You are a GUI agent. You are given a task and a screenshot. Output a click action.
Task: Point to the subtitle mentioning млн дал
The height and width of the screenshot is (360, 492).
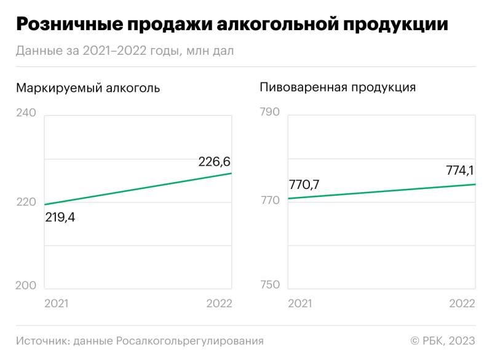click(x=125, y=50)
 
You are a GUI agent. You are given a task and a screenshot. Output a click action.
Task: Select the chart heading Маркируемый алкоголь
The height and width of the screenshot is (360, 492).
click(x=88, y=88)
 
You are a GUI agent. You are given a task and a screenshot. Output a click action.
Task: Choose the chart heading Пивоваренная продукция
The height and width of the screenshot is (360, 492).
click(x=338, y=87)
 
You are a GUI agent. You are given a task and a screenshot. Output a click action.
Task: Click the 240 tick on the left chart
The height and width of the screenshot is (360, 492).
click(x=26, y=113)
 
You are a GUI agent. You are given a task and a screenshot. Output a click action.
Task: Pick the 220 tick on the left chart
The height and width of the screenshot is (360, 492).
click(x=26, y=201)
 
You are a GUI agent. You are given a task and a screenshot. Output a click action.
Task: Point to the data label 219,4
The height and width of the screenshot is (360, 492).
click(x=60, y=217)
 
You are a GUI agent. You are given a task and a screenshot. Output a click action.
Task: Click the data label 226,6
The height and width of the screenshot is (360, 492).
click(x=214, y=162)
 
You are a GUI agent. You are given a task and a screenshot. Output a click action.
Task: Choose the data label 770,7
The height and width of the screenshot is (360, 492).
click(x=304, y=184)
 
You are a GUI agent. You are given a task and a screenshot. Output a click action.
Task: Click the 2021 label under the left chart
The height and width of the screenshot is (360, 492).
click(x=57, y=304)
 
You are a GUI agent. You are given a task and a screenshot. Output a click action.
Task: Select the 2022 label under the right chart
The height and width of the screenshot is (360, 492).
click(x=462, y=304)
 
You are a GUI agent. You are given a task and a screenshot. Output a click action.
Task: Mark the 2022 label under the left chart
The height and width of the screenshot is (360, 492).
click(x=219, y=304)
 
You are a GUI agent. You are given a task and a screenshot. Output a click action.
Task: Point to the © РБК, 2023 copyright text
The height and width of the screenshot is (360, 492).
click(x=443, y=341)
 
